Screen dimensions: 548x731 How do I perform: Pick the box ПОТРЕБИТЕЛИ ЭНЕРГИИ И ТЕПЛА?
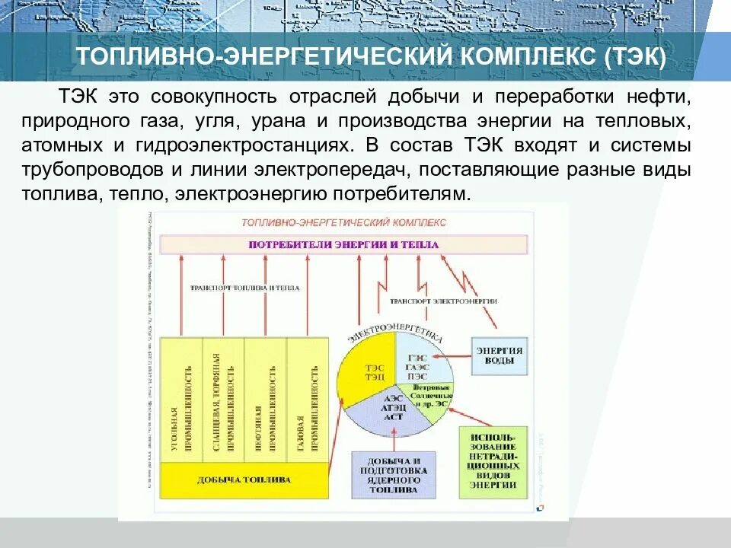[x=343, y=245]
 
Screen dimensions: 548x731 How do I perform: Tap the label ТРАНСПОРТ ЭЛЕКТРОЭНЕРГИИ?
[x=443, y=301]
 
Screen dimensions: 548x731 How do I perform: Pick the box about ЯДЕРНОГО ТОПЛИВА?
[x=393, y=476]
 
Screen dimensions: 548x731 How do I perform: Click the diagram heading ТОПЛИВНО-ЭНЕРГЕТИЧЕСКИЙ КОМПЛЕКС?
[x=343, y=222]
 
